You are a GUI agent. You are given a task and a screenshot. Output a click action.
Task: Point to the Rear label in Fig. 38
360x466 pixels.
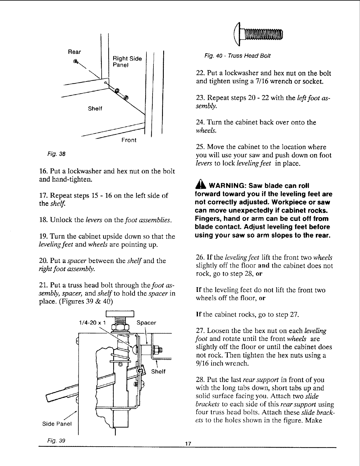[x=74, y=52]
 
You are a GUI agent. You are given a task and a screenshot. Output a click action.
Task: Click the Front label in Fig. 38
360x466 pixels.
[x=129, y=140]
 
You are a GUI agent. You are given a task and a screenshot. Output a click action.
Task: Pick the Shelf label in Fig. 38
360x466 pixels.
[x=95, y=108]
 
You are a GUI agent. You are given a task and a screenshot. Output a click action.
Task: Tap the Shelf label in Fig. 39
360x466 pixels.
[x=158, y=371]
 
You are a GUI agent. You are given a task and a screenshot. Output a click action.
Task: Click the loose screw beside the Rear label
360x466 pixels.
[x=76, y=61]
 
